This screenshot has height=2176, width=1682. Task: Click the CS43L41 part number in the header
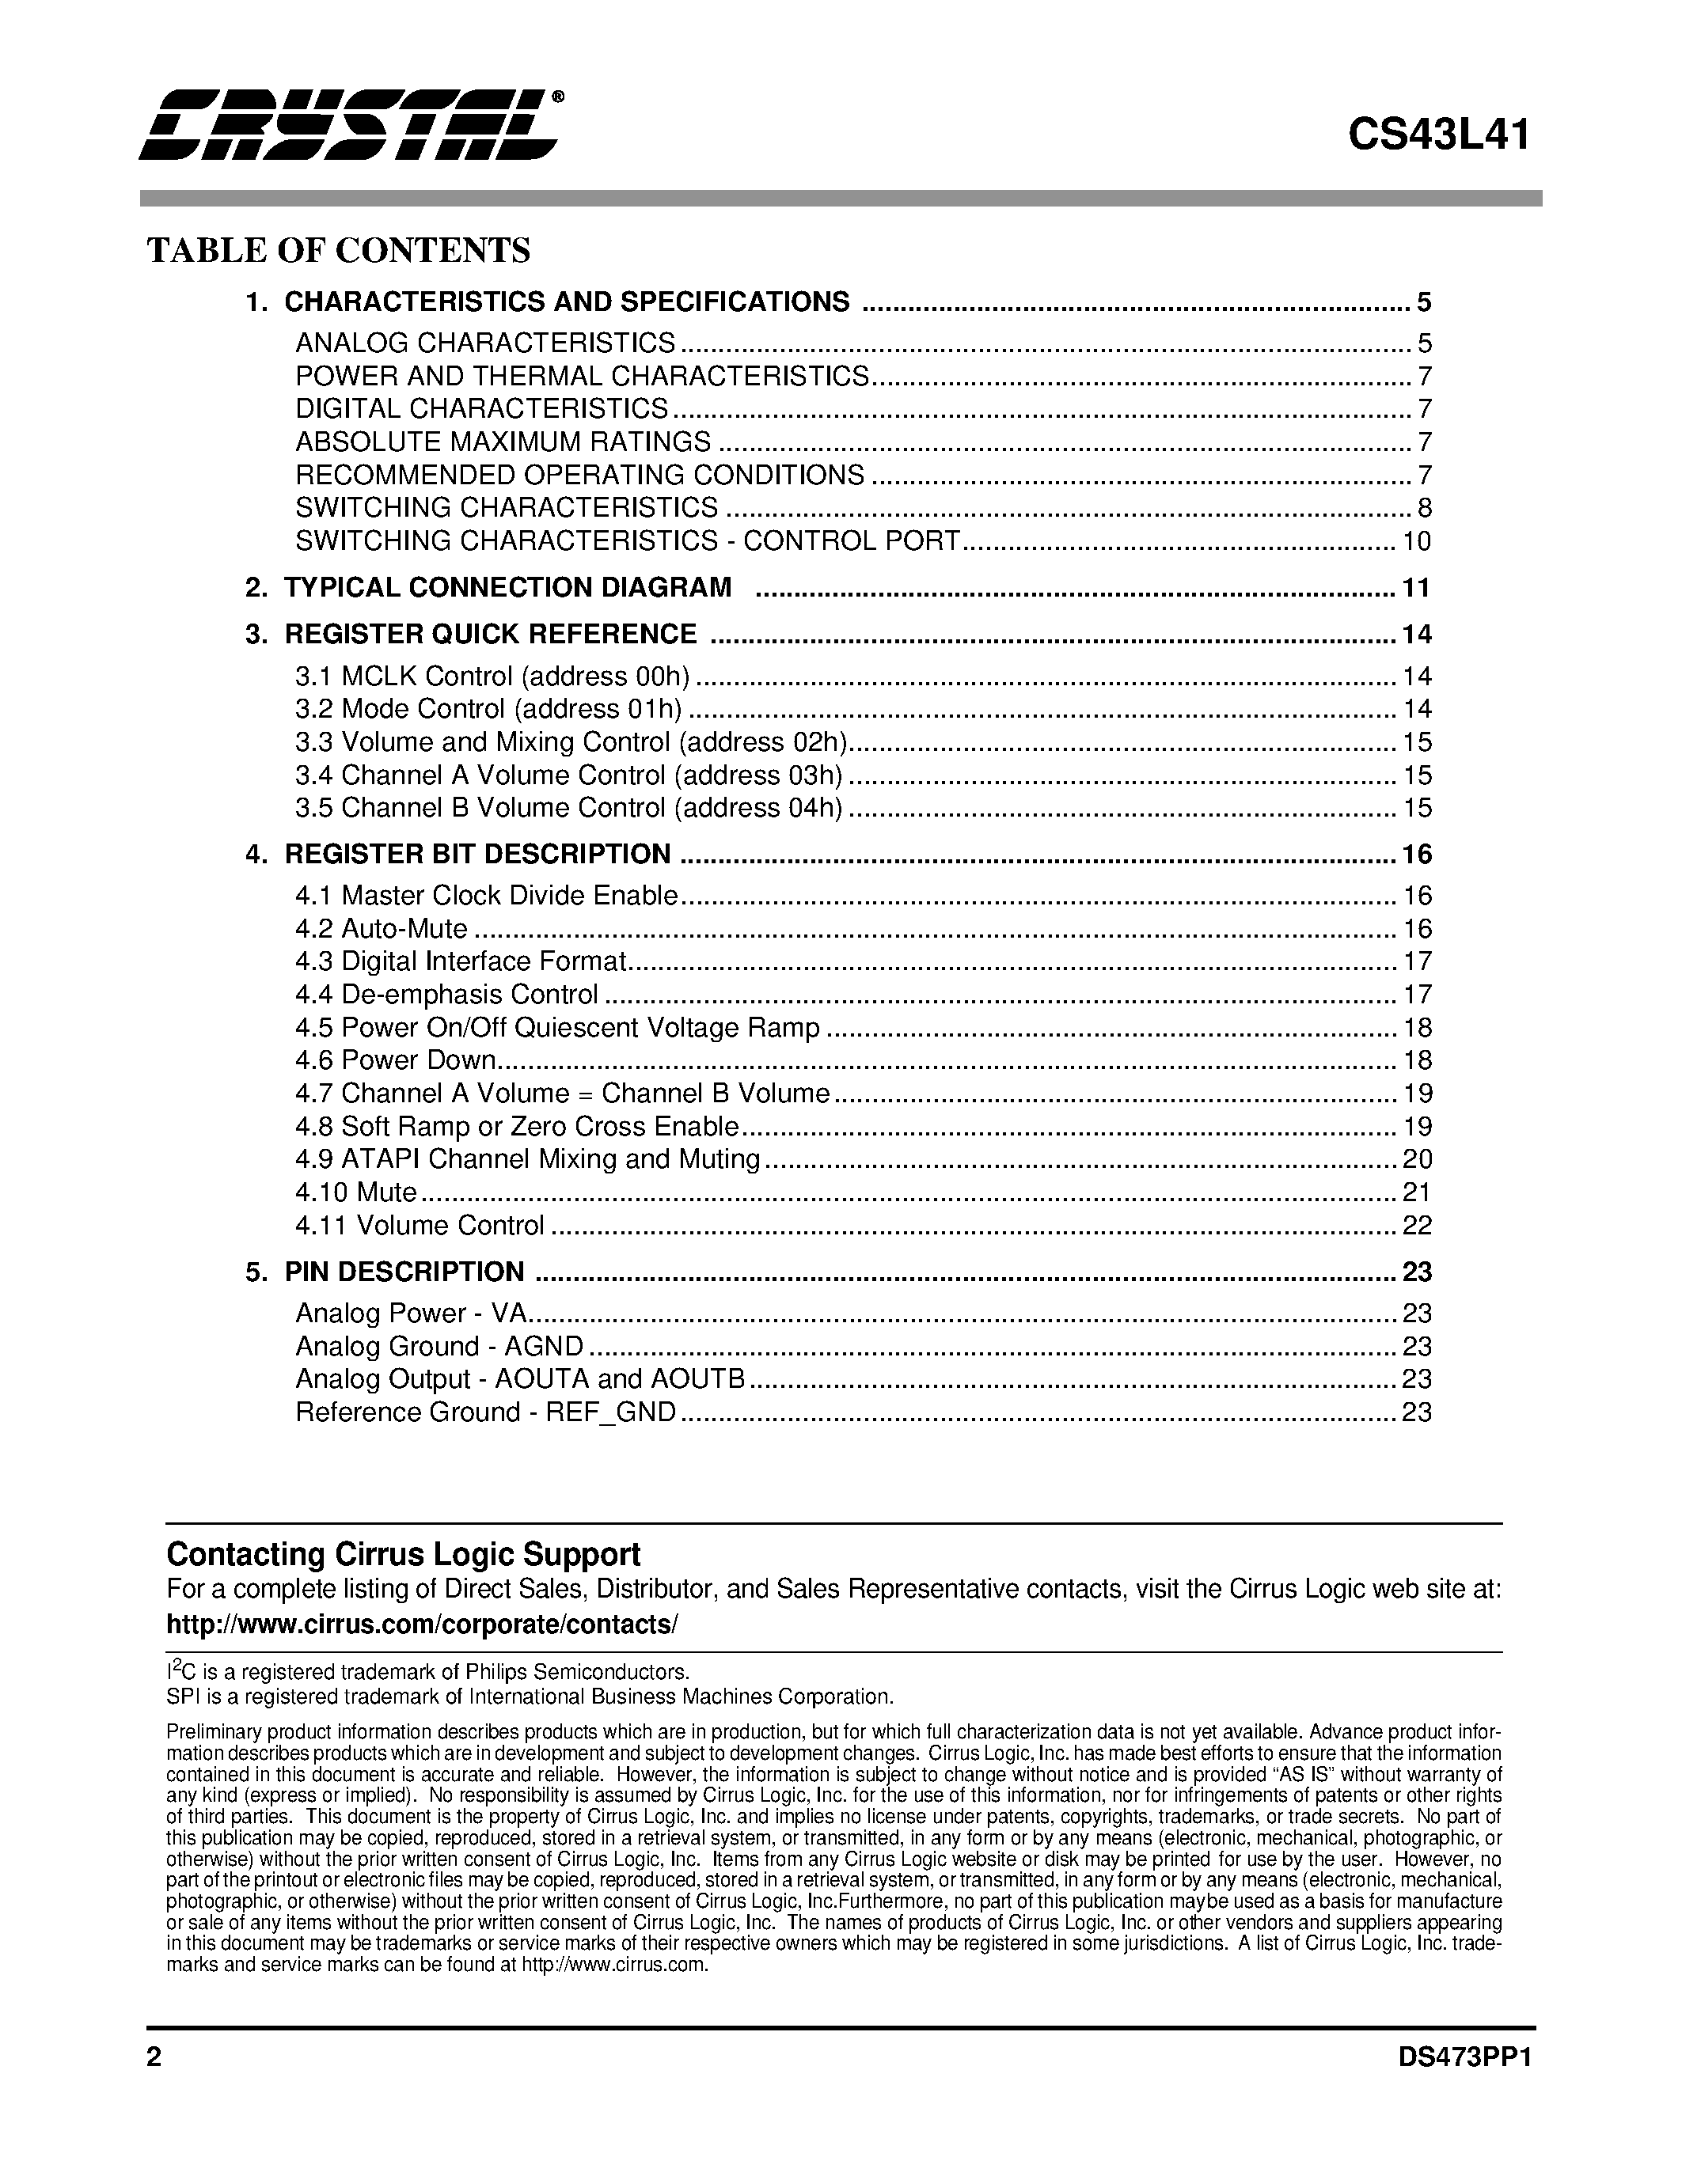click(1438, 135)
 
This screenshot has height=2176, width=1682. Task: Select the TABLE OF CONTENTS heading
click(339, 250)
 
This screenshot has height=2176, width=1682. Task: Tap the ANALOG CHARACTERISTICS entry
click(485, 343)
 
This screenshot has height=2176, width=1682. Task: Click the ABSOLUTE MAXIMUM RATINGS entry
click(503, 442)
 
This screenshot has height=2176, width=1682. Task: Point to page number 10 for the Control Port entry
click(1416, 541)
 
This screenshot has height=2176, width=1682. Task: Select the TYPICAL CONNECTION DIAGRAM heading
click(507, 588)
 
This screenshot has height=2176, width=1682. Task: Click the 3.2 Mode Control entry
click(488, 708)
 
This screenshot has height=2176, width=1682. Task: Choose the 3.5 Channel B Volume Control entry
click(568, 807)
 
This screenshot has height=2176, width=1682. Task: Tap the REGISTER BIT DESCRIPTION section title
click(477, 854)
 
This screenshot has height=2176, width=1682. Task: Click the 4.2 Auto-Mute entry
click(381, 929)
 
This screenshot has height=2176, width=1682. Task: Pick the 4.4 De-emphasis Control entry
click(446, 995)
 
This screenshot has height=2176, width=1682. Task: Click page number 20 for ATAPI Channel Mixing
click(1416, 1158)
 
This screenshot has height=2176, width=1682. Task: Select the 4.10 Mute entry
click(355, 1192)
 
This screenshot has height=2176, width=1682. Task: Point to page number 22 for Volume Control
click(1416, 1225)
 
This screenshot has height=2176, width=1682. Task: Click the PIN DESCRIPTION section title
click(404, 1272)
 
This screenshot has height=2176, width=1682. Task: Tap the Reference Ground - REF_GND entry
click(485, 1412)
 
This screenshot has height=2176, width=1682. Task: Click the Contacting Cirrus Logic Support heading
click(403, 1554)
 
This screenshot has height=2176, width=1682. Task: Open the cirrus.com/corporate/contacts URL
click(422, 1624)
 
